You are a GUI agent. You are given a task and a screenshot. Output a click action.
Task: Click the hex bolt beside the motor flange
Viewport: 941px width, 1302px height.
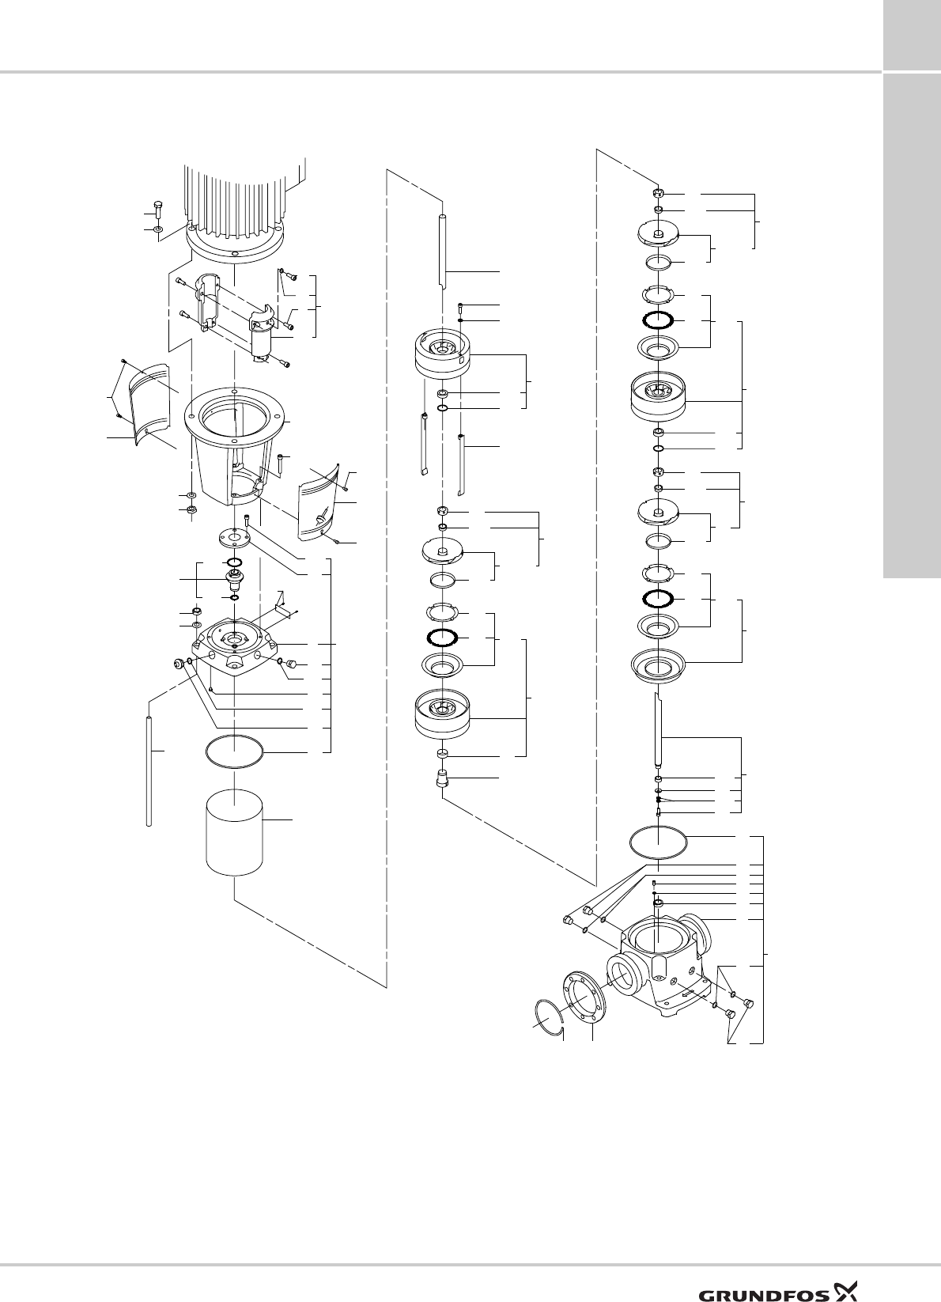pyautogui.click(x=158, y=209)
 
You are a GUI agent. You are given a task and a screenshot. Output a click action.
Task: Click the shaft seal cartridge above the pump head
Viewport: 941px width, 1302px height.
pyautogui.click(x=235, y=579)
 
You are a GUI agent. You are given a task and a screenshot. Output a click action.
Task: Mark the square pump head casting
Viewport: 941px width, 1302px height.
pyautogui.click(x=235, y=642)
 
